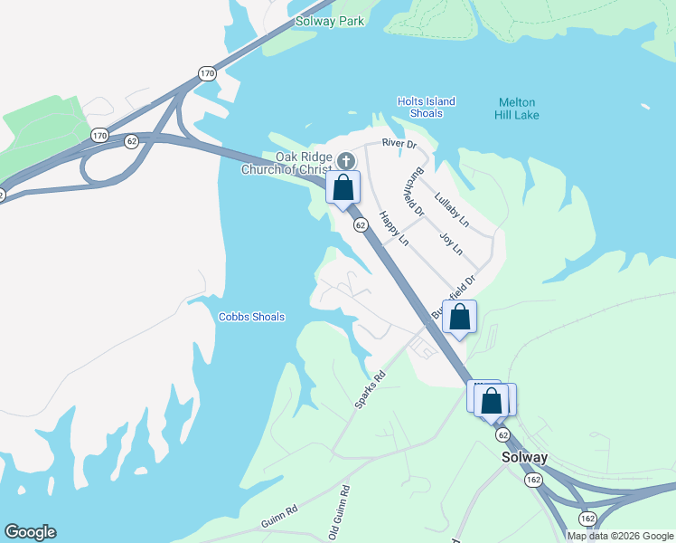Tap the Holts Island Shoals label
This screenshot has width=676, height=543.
[426, 107]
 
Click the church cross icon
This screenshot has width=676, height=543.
[344, 162]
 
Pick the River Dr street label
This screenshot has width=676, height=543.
[399, 143]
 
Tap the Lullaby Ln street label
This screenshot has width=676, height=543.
[452, 209]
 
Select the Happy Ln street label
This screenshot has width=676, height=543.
[394, 229]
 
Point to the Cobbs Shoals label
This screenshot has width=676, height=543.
[251, 317]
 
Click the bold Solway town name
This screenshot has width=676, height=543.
[524, 458]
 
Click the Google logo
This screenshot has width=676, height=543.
[30, 532]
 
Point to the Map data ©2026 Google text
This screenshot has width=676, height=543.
[621, 536]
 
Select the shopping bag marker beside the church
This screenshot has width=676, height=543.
[343, 188]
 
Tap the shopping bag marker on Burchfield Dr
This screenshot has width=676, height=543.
[459, 317]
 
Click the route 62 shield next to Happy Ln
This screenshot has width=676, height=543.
[360, 224]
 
